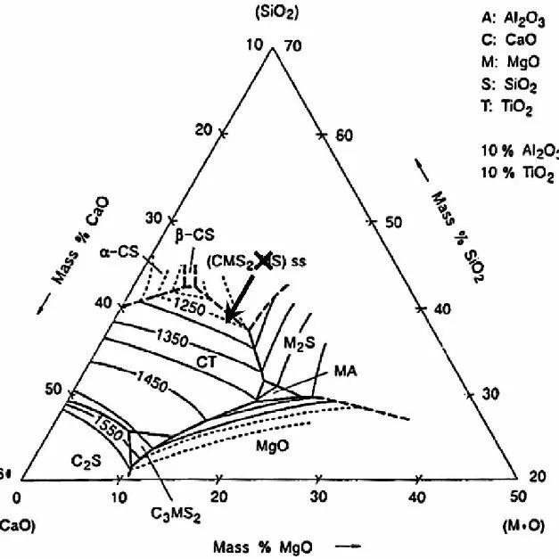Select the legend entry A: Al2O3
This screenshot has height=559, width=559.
pos(512,19)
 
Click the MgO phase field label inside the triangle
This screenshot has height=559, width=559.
pos(271,444)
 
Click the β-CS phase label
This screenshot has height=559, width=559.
pos(193,235)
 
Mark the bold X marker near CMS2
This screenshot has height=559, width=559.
pos(265,259)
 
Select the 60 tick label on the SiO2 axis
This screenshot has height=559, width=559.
pos(345,136)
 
